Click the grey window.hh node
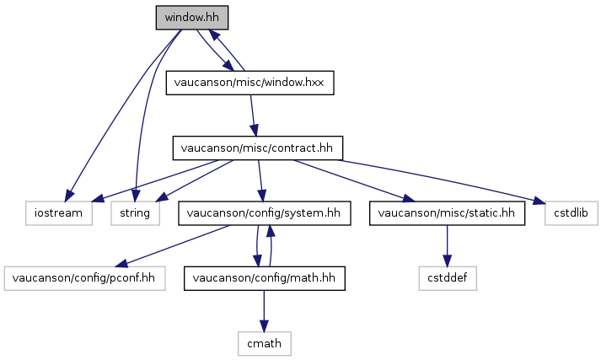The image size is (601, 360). click(192, 18)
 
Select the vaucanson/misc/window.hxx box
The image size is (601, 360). click(250, 83)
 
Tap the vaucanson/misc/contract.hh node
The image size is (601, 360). click(258, 148)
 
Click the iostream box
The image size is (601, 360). click(59, 213)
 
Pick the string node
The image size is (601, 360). click(136, 213)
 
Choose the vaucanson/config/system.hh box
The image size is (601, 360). click(265, 213)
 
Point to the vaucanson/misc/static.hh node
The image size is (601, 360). click(447, 213)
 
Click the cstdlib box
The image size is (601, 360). click(571, 213)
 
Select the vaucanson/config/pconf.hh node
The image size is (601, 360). click(84, 278)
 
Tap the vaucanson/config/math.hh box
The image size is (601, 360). click(265, 278)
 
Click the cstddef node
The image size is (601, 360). click(448, 278)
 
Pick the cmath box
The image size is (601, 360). click(265, 343)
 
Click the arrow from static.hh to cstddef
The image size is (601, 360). click(447, 245)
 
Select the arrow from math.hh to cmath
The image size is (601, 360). click(264, 311)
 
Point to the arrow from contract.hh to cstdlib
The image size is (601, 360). click(441, 180)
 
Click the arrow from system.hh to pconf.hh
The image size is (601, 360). click(173, 246)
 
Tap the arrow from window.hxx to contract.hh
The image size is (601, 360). click(253, 115)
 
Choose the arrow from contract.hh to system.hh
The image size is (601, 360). click(260, 180)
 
